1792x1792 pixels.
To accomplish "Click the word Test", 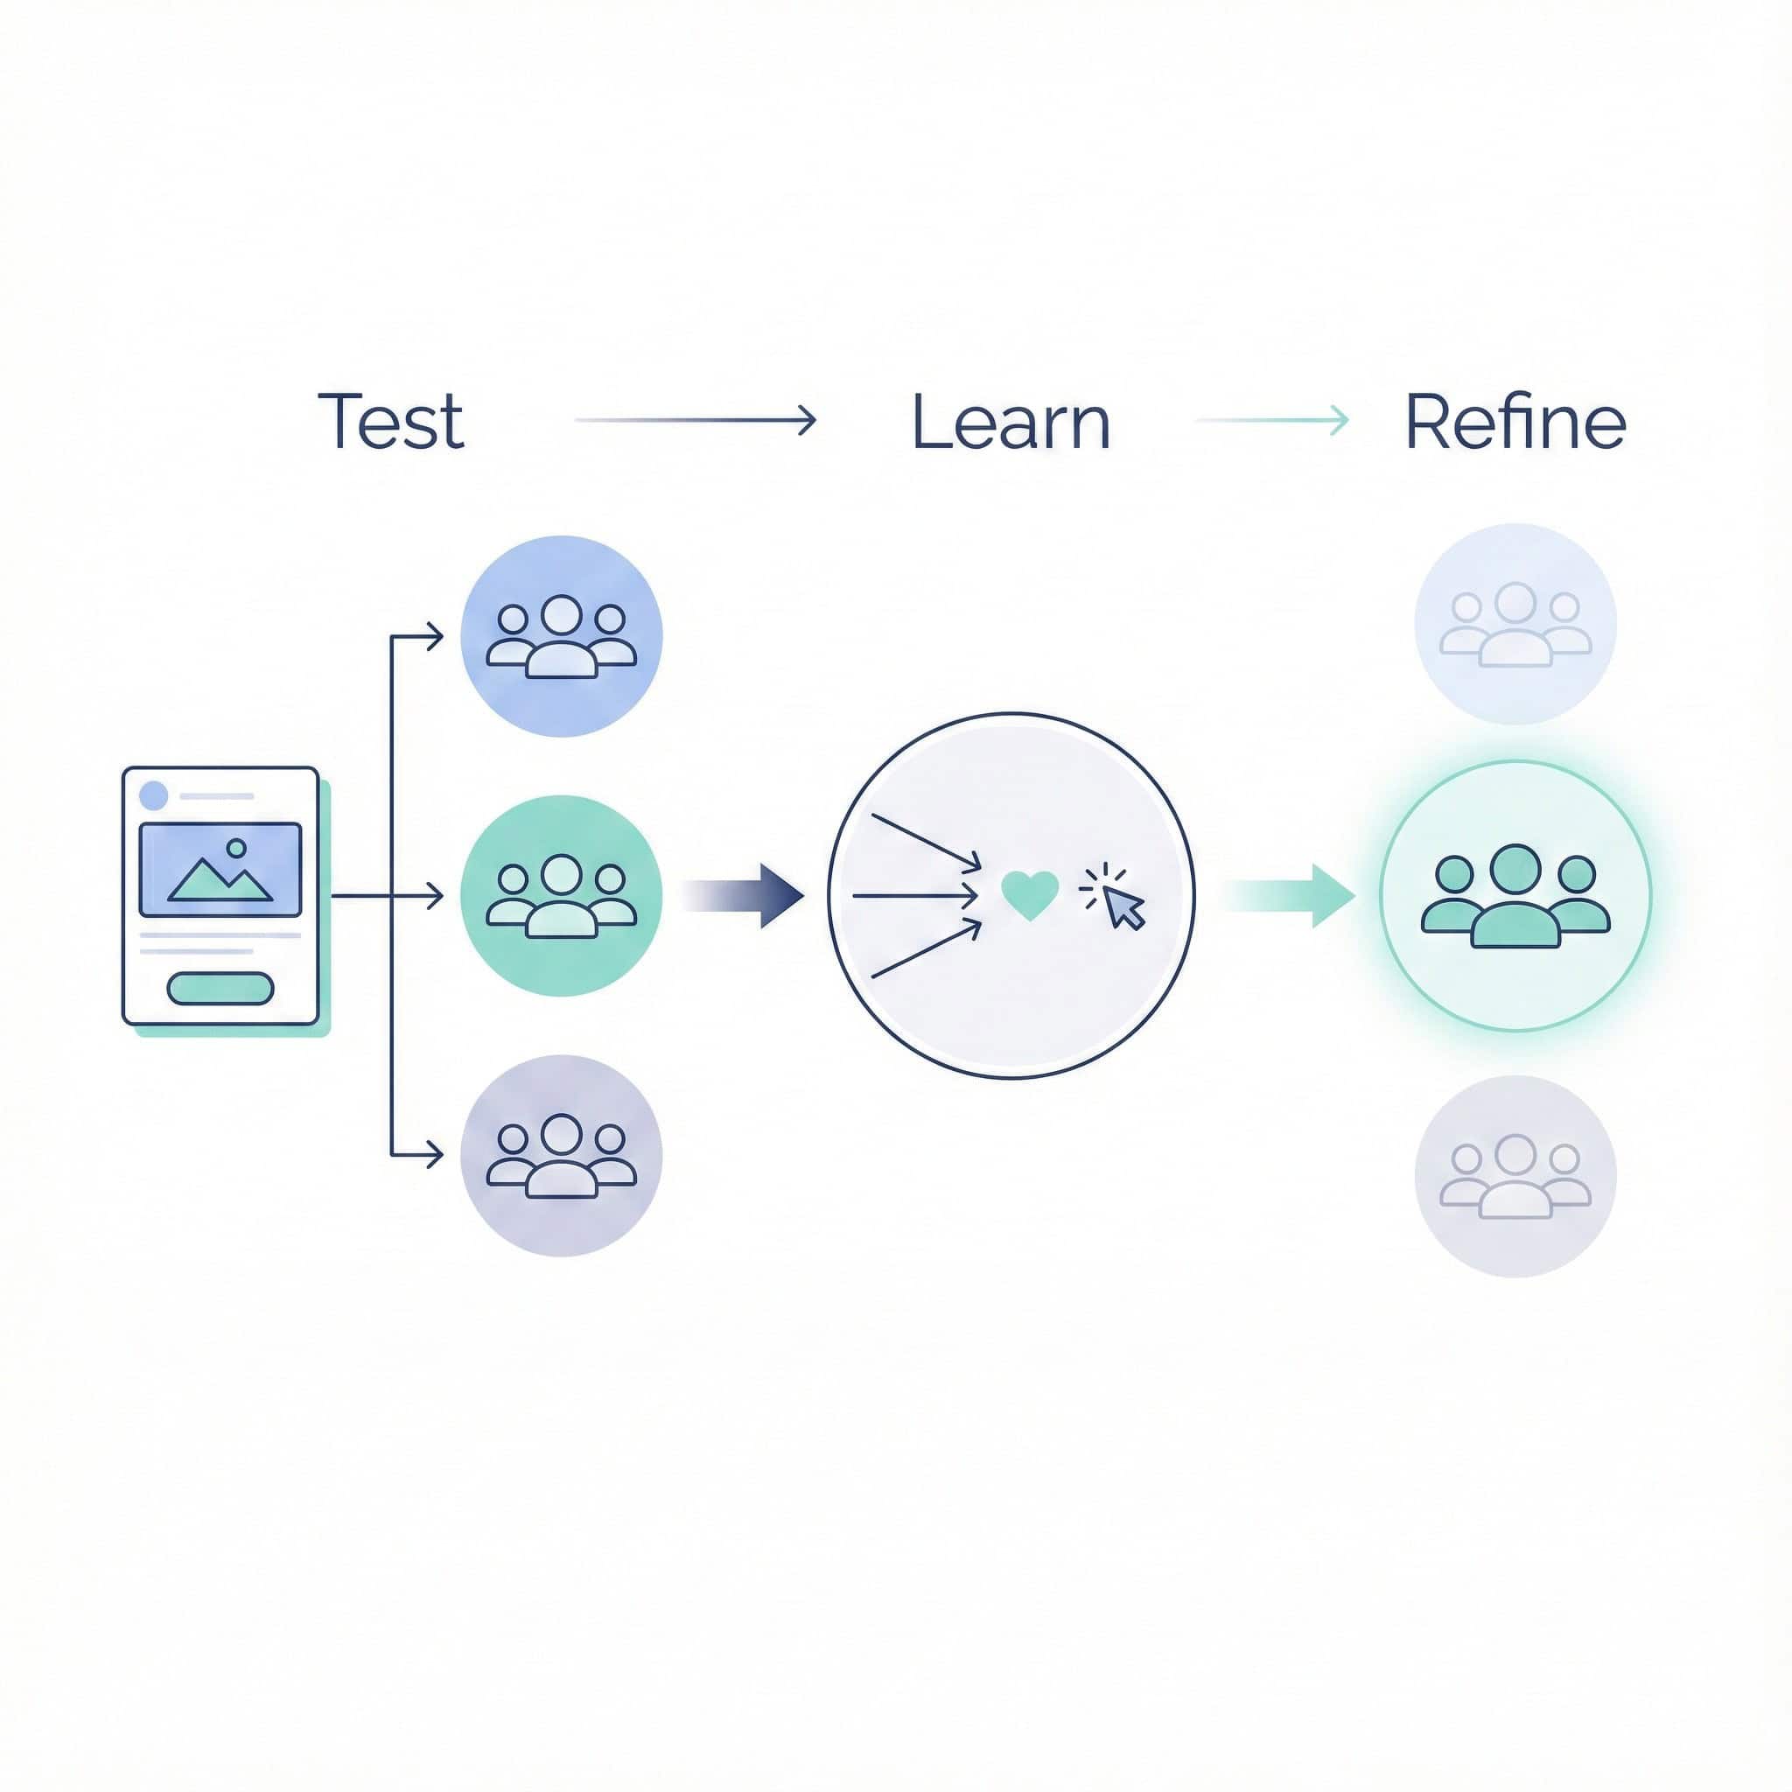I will pos(390,421).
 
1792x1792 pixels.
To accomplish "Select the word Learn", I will pos(1010,422).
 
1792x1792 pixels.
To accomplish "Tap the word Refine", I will pos(1515,422).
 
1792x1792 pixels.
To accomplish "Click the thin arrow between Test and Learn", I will pos(696,420).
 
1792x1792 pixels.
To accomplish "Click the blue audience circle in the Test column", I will pos(561,636).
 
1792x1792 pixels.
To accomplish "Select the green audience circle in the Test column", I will pos(561,896).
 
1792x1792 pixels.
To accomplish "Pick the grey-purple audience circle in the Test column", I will pos(561,1156).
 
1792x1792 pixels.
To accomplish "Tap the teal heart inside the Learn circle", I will pos(1030,895).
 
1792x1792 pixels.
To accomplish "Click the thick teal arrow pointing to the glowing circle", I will pos(1289,896).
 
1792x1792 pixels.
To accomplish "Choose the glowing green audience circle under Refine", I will pos(1515,896).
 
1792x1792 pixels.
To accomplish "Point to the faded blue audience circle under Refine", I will pos(1515,624).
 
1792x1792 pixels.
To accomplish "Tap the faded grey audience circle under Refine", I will pos(1515,1176).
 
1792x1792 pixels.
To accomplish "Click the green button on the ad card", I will pos(220,989).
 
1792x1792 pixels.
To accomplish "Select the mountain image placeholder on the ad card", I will pos(220,869).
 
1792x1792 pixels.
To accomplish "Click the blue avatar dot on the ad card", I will pos(153,794).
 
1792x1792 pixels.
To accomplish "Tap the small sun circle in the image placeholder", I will pos(236,848).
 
